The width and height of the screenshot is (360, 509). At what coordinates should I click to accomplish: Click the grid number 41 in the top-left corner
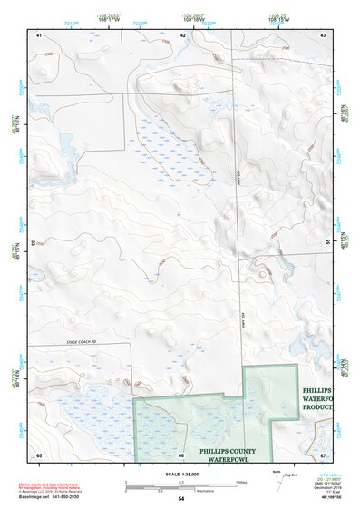[x=39, y=35]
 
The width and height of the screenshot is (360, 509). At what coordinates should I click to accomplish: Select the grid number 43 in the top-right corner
[x=323, y=35]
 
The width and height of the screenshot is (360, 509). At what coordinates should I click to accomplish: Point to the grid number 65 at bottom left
[x=39, y=454]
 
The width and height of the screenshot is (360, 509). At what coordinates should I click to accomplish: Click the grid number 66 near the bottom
[x=181, y=454]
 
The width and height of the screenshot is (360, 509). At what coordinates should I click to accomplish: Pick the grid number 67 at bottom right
[x=323, y=454]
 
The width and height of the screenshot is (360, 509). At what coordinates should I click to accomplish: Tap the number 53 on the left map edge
[x=34, y=242]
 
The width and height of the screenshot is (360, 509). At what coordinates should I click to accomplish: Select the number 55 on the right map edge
[x=327, y=242]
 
